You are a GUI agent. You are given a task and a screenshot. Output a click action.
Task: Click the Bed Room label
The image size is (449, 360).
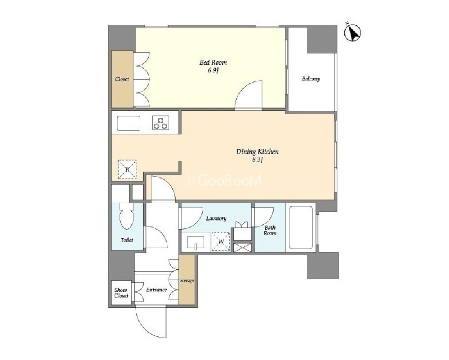[213, 62]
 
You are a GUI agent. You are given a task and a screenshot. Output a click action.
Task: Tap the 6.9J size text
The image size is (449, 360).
[213, 71]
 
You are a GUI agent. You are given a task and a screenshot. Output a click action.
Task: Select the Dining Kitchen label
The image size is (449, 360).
[257, 151]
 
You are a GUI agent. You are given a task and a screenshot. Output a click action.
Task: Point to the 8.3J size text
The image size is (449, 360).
[257, 160]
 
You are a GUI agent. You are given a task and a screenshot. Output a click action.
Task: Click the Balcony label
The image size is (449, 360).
[311, 79]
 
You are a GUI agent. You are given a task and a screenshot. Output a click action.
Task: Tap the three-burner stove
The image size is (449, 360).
[160, 123]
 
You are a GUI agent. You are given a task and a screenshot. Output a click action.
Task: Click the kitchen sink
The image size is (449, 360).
[129, 123]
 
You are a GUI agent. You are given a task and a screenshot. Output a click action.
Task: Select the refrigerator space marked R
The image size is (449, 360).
[128, 169]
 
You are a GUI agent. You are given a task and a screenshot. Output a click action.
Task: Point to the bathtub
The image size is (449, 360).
[301, 227]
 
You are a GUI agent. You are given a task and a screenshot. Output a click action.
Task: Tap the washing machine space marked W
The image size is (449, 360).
[221, 241]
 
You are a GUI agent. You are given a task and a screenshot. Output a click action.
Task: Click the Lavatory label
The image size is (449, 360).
[216, 218]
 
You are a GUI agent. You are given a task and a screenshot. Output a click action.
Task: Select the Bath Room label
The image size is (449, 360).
[270, 231]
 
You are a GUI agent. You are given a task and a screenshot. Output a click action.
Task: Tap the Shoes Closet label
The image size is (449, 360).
[121, 293]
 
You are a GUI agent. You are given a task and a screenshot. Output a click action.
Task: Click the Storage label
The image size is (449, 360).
[187, 280]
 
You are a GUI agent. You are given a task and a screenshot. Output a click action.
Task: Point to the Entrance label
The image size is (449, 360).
[156, 290]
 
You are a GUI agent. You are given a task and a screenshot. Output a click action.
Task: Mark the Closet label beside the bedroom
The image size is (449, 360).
[122, 79]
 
